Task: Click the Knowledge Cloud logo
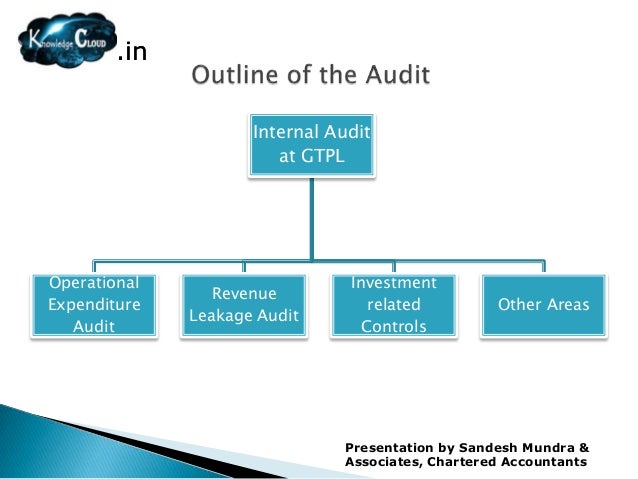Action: pos(66,40)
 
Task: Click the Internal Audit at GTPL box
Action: pos(313,145)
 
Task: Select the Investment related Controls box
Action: pos(393,304)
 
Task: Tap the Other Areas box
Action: pos(544,304)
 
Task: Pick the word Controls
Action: pos(393,326)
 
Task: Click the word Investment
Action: pos(394,283)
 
